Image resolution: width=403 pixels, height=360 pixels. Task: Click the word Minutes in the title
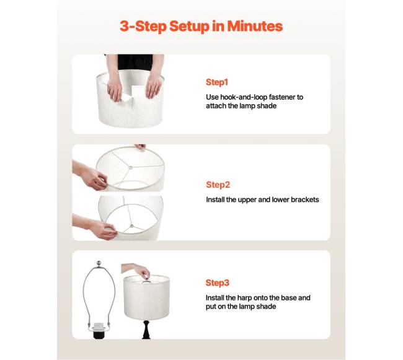(255, 26)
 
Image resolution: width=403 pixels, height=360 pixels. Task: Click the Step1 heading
(217, 82)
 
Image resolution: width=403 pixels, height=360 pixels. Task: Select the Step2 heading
(218, 185)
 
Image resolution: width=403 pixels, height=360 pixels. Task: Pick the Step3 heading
(217, 283)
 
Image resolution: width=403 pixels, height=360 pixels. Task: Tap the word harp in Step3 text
(244, 298)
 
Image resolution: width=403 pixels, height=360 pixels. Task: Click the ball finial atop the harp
(99, 263)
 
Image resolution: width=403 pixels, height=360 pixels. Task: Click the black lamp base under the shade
(146, 330)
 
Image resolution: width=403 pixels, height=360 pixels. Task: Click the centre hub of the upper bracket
(131, 167)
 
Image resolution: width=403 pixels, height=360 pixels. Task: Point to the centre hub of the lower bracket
(132, 226)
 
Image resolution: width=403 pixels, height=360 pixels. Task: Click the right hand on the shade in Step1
(154, 86)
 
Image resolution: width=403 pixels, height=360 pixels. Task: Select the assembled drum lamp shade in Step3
(146, 297)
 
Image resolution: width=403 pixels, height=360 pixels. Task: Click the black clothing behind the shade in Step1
(135, 62)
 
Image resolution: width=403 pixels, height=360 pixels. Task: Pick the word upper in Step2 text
(247, 200)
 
